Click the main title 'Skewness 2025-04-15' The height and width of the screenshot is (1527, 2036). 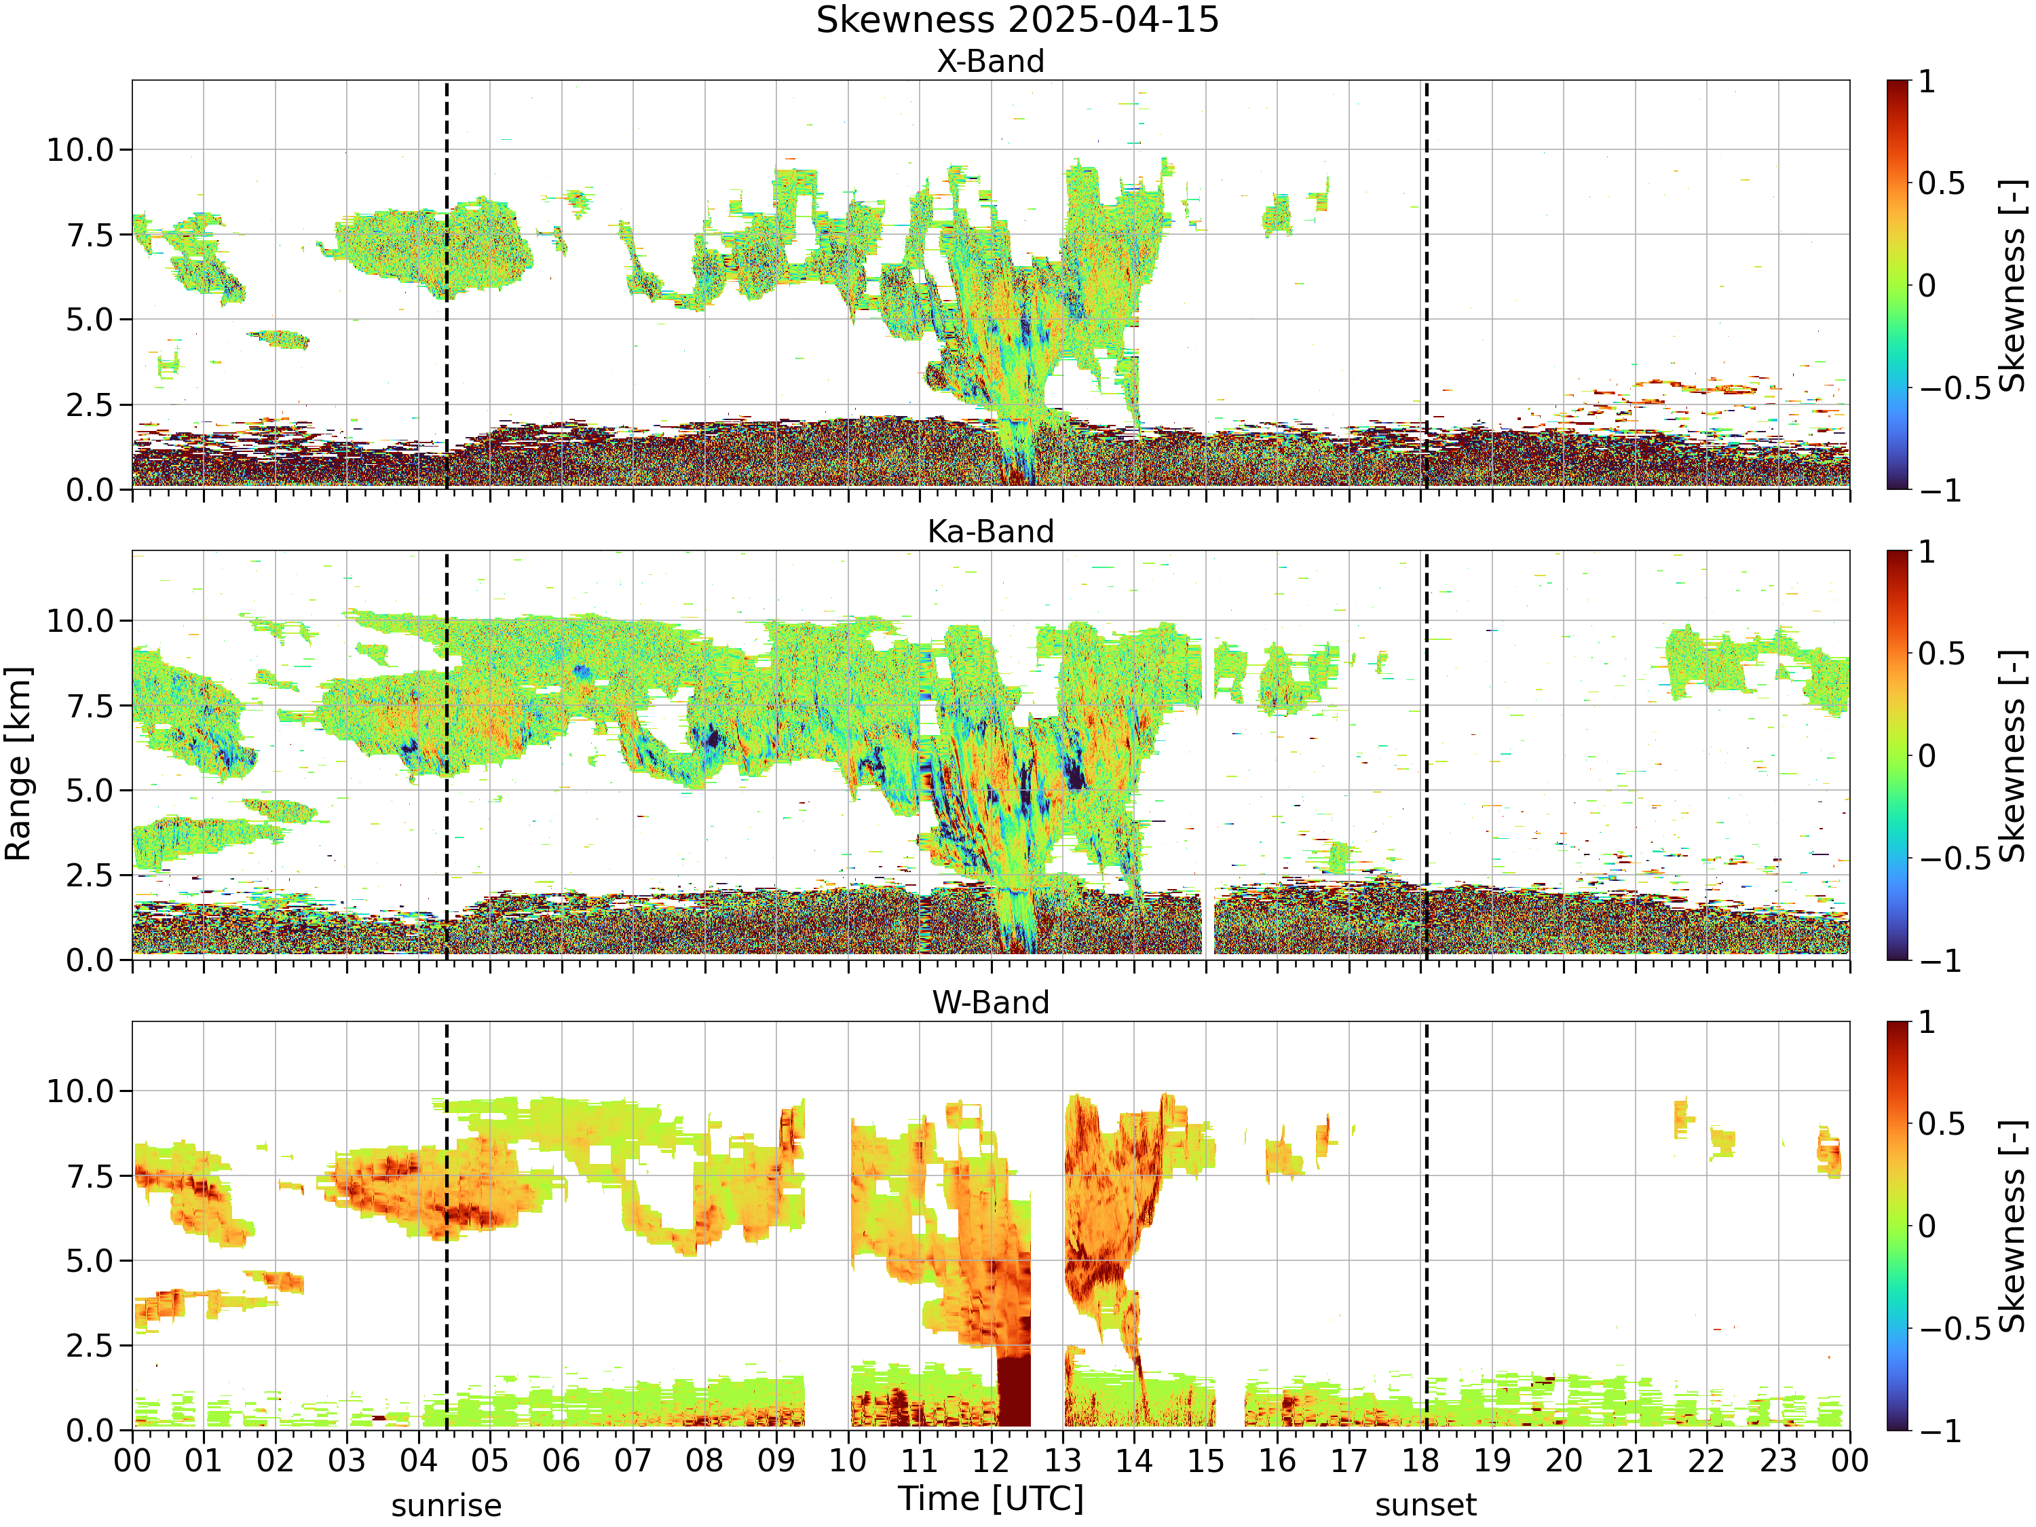click(x=1017, y=19)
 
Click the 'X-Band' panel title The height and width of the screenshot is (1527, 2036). click(x=990, y=61)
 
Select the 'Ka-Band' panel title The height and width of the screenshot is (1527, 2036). click(x=990, y=531)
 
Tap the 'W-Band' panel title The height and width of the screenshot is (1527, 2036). click(x=990, y=1002)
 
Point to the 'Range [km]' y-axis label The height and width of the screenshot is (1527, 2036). click(x=18, y=764)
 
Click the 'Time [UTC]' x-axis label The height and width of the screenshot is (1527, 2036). click(x=990, y=1498)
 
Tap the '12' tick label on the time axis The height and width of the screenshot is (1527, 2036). click(x=992, y=1460)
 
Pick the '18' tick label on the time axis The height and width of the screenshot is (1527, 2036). click(x=1420, y=1460)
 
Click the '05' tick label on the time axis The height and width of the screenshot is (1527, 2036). click(x=490, y=1460)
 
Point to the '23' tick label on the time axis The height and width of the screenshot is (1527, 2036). click(x=1778, y=1460)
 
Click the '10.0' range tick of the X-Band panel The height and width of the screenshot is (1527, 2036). click(x=80, y=149)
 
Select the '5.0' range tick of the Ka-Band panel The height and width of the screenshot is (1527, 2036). click(x=90, y=790)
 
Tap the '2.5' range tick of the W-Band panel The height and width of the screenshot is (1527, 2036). click(x=90, y=1346)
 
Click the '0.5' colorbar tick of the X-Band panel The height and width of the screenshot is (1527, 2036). click(x=1941, y=183)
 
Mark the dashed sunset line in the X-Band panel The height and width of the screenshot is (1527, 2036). click(x=1426, y=284)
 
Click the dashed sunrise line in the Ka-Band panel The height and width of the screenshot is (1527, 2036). click(x=447, y=755)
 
